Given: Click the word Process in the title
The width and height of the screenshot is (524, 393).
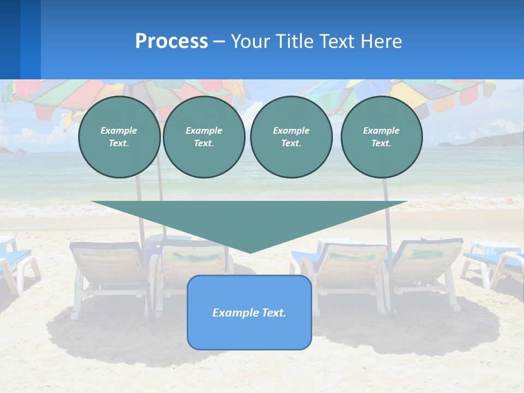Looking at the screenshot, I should coord(171,41).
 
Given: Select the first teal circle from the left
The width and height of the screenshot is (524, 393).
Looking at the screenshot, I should coord(120,137).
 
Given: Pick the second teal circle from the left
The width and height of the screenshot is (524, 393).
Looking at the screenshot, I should coord(204,137).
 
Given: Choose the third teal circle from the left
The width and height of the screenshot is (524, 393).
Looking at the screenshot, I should coord(291,137).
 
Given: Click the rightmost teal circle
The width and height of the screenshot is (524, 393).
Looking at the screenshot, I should coord(382,137).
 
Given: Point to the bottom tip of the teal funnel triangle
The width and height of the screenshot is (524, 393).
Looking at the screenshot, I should coord(250,252).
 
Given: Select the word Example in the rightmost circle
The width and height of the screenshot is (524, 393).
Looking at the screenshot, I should coord(381,130).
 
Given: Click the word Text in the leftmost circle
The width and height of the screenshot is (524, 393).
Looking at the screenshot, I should coord(118,144).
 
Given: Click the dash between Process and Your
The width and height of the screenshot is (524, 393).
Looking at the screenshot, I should coord(219,41).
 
